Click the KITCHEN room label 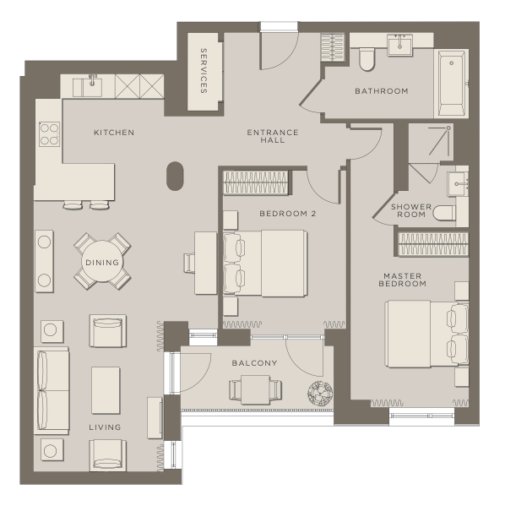[x=114, y=133]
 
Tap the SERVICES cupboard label [x=204, y=71]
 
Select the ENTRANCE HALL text [x=273, y=136]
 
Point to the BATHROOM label [x=382, y=91]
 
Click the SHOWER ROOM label [x=411, y=210]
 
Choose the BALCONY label [x=255, y=363]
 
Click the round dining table [x=102, y=262]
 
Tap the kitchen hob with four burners [x=49, y=134]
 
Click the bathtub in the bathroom [x=452, y=84]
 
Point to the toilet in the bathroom [x=367, y=60]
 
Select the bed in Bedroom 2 [x=265, y=263]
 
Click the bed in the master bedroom [x=426, y=334]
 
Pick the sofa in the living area [x=52, y=390]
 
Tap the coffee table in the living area [x=106, y=390]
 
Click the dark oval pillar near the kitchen [x=175, y=176]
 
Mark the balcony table [x=255, y=389]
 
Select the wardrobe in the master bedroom [x=433, y=244]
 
